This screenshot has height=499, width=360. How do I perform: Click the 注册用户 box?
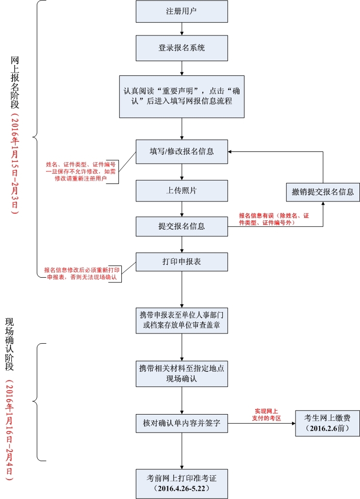(181, 11)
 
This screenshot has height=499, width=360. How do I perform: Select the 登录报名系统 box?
(181, 48)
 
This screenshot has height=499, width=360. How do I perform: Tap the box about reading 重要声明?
(181, 96)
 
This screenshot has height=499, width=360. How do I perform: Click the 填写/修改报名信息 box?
(181, 151)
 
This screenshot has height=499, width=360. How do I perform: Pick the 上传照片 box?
(181, 191)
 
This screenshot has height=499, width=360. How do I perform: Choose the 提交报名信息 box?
(181, 226)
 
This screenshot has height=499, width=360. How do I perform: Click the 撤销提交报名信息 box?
(323, 191)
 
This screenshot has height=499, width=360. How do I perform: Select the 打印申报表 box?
(181, 262)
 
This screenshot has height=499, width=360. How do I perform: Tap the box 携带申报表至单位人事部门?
(181, 320)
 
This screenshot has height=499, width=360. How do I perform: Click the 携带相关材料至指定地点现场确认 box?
(181, 373)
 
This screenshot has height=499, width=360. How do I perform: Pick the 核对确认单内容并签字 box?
(181, 423)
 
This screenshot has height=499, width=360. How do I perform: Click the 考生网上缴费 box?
(328, 423)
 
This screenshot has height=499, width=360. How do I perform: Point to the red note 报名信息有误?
(274, 219)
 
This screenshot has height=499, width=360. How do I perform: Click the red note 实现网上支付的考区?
(266, 415)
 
